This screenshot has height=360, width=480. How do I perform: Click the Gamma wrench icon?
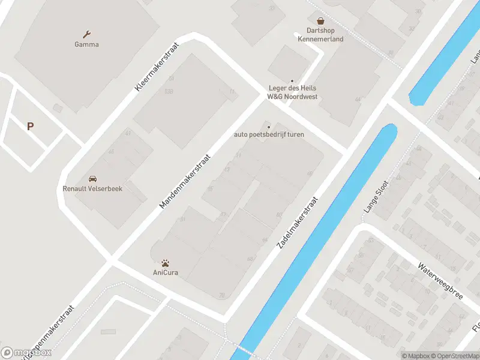[87, 34]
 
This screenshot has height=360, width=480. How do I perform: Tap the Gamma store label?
[86, 44]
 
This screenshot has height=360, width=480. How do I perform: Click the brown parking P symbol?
[30, 126]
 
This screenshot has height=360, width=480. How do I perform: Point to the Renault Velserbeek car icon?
[92, 179]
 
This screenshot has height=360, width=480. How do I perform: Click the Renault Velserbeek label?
[92, 188]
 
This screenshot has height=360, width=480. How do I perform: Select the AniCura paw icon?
[165, 263]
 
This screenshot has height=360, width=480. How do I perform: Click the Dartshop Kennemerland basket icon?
[320, 20]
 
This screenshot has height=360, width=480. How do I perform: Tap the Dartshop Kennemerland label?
[320, 35]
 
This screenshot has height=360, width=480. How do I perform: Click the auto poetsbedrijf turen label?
[269, 134]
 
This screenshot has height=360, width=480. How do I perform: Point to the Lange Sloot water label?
[377, 197]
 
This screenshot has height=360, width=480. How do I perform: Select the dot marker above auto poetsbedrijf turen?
[269, 127]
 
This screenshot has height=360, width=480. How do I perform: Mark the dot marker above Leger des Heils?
[292, 81]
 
